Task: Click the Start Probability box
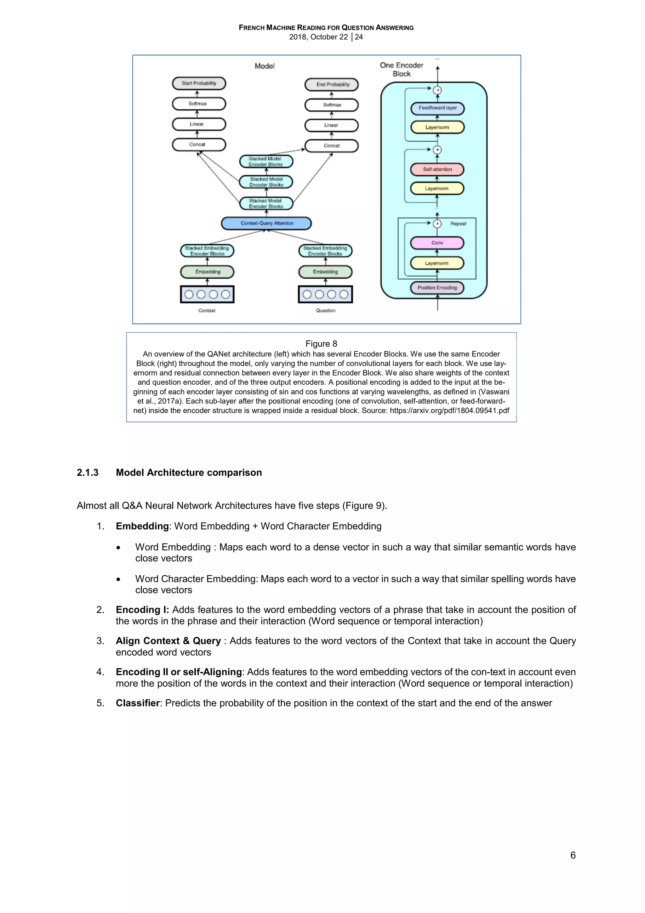click(199, 84)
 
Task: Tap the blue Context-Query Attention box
click(266, 223)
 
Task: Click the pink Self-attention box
click(437, 169)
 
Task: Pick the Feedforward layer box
click(437, 108)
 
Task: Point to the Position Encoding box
click(437, 288)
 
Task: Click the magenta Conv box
click(437, 242)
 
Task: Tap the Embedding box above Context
click(207, 272)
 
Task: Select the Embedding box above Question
click(325, 272)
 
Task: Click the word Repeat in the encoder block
click(458, 224)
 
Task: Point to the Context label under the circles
click(207, 311)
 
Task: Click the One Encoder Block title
click(402, 70)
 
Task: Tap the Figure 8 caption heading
click(321, 344)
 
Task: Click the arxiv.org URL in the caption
click(449, 411)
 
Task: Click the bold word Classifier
click(137, 703)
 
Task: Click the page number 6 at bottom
click(573, 855)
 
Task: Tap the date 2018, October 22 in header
click(318, 37)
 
